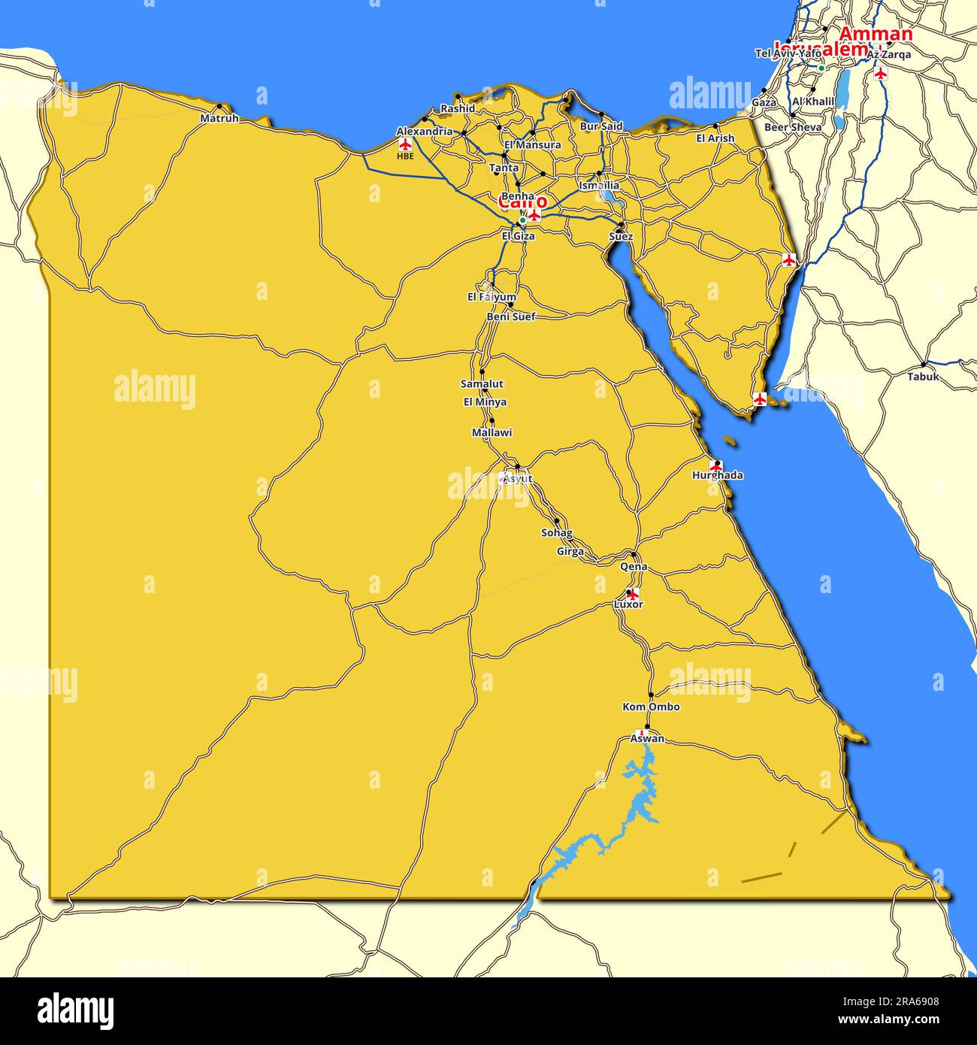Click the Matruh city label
(x=219, y=119)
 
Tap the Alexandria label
(x=425, y=132)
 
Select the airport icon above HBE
(x=405, y=144)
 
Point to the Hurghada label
(x=718, y=475)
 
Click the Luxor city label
(x=628, y=604)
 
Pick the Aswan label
(x=647, y=738)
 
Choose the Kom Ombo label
(x=651, y=707)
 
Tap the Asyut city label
(x=517, y=478)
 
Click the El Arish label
(x=715, y=138)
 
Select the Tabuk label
(x=923, y=377)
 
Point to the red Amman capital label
(x=876, y=34)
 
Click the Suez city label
(x=621, y=237)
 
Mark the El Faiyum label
(x=492, y=297)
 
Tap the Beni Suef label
(x=511, y=317)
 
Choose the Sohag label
(x=557, y=533)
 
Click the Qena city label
(x=634, y=566)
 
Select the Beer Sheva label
(x=793, y=128)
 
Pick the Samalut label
(x=482, y=384)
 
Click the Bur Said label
(x=601, y=126)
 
